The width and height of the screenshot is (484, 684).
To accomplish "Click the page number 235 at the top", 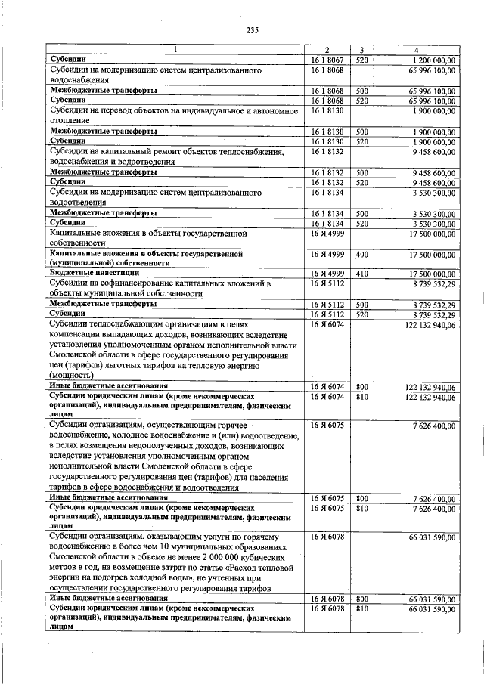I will click(253, 30).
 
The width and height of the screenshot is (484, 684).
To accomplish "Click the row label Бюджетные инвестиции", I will click(83, 274).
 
